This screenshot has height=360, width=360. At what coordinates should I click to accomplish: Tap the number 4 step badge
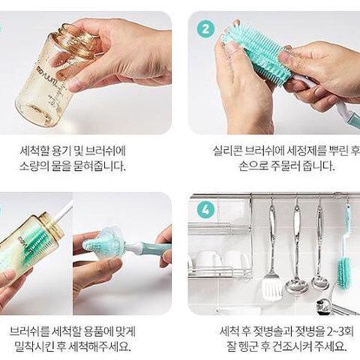205,211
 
